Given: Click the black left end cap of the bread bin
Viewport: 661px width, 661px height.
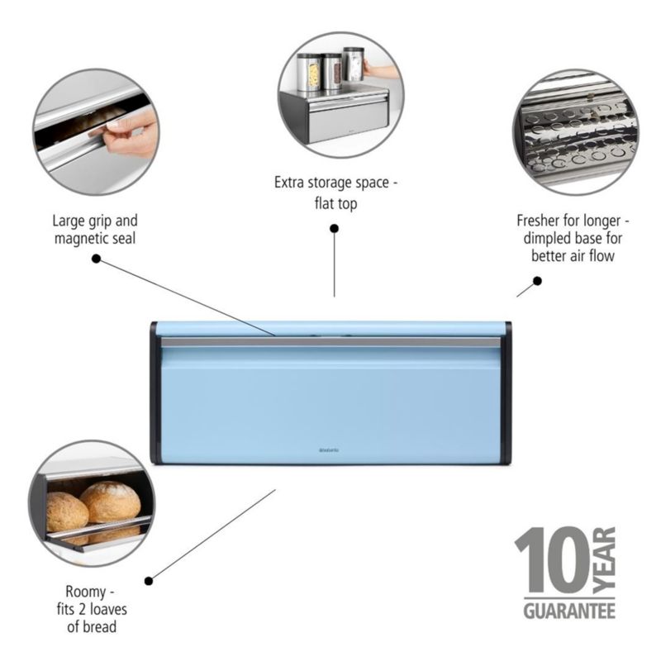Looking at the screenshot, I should [155, 392].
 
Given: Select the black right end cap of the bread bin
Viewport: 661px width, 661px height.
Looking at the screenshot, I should [507, 392].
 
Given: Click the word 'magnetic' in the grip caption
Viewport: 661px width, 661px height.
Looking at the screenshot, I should [82, 238].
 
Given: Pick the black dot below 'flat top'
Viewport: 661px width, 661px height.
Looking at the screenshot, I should [334, 228].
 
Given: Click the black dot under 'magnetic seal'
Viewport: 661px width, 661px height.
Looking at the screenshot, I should [96, 259].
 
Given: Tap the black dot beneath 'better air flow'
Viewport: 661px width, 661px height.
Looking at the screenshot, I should [537, 281].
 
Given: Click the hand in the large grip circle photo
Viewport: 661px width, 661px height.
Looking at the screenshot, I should [132, 132].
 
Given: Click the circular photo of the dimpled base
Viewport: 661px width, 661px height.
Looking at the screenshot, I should [574, 132].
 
